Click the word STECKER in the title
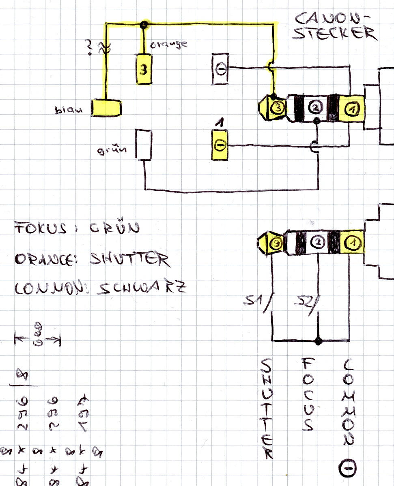[x=334, y=33]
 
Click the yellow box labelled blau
[x=106, y=108]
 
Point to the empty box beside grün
[x=143, y=145]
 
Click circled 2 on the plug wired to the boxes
[x=316, y=107]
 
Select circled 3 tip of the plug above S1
[x=276, y=243]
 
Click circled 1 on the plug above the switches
[x=351, y=243]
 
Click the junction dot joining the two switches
[x=319, y=341]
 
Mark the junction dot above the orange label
[x=143, y=25]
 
